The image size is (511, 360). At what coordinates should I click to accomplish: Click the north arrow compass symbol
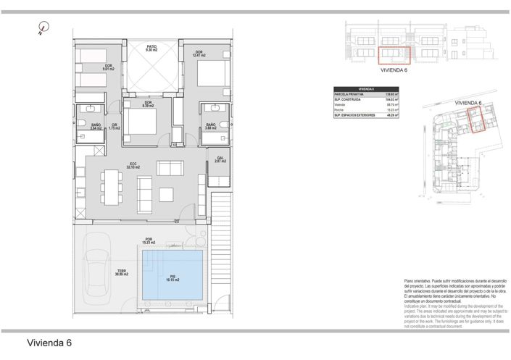[43, 30]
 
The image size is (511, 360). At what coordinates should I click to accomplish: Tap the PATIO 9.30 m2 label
[151, 48]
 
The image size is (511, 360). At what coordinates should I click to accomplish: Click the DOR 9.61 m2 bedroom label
[107, 67]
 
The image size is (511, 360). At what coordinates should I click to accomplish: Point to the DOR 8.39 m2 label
[147, 104]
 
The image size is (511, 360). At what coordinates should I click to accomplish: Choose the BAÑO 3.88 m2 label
[211, 126]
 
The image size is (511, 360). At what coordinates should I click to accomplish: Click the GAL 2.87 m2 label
[220, 159]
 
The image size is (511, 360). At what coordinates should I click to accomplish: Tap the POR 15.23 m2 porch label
[149, 241]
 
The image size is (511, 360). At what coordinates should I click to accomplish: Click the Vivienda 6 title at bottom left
[49, 343]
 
